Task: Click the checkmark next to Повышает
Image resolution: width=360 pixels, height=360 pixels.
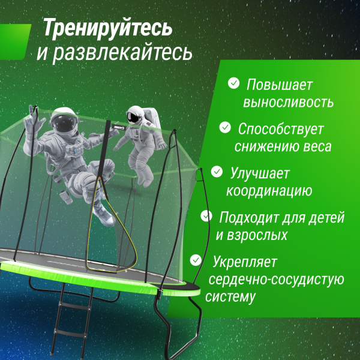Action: [233, 83]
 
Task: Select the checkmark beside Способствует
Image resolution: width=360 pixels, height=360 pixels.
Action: [225, 127]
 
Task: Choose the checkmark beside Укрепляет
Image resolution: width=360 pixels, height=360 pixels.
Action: [196, 260]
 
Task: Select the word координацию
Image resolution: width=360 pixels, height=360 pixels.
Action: [269, 191]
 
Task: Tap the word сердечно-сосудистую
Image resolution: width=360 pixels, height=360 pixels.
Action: [275, 279]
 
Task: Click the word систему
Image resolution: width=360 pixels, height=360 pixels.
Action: [230, 297]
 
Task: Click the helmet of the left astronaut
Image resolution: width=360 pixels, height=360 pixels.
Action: [64, 122]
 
